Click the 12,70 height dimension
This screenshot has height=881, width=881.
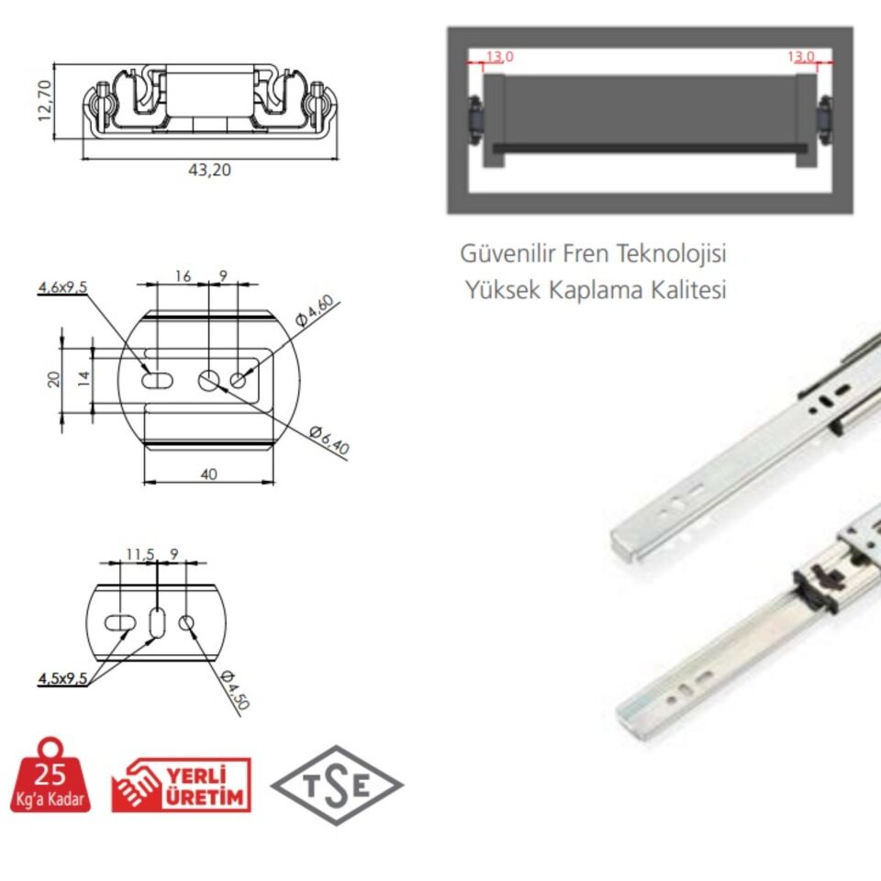point(45,101)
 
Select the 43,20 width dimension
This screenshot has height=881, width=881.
point(209,170)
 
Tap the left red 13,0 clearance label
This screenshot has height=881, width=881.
point(499,57)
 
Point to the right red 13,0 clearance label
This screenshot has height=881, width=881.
point(800,57)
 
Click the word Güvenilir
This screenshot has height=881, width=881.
point(507,254)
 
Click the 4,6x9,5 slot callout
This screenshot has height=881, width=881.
point(62,287)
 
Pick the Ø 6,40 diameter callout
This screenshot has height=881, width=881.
point(329,440)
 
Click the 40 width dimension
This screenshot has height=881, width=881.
point(208,474)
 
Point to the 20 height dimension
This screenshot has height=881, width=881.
point(53,379)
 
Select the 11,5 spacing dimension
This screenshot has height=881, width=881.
point(139,554)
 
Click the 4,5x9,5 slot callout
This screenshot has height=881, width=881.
point(62,679)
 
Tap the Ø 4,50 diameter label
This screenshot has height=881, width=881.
point(236,689)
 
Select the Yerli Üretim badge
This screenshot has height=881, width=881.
point(181,785)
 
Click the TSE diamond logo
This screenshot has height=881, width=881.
point(337,785)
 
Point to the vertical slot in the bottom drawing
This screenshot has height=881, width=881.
point(157,622)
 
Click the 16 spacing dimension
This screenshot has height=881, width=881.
point(184,276)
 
